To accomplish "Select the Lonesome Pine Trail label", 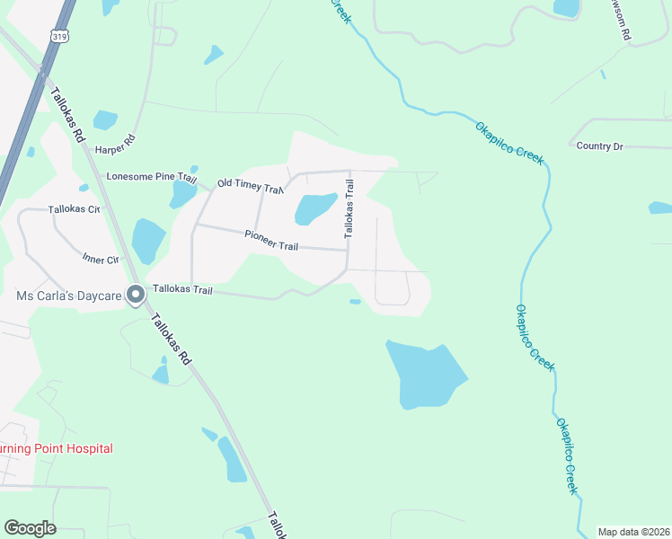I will pyautogui.click(x=151, y=177).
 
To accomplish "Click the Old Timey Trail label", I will pyautogui.click(x=251, y=184).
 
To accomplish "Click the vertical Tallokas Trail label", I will pyautogui.click(x=349, y=208).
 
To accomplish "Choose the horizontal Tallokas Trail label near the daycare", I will pyautogui.click(x=182, y=290).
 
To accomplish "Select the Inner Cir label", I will pyautogui.click(x=101, y=260).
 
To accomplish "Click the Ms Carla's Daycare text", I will pyautogui.click(x=67, y=296).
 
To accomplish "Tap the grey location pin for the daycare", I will pyautogui.click(x=136, y=295).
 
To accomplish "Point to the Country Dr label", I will pyautogui.click(x=599, y=146).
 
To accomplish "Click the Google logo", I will pyautogui.click(x=30, y=528).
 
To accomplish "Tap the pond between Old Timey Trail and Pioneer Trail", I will pyautogui.click(x=315, y=208).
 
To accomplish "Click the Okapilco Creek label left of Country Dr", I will pyautogui.click(x=509, y=140).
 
